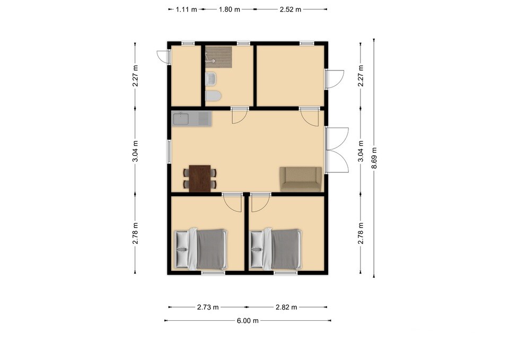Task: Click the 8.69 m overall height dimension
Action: [x=374, y=158]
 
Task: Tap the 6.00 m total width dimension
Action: [x=248, y=321]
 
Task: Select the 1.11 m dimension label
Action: [x=186, y=10]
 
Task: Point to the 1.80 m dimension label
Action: [x=229, y=10]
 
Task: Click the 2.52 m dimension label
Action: [x=290, y=10]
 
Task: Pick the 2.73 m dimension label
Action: [x=208, y=307]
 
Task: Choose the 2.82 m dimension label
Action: [x=286, y=307]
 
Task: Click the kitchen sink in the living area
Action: [x=191, y=118]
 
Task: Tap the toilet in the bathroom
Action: [x=213, y=96]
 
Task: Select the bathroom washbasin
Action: [x=211, y=79]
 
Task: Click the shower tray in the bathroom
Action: [x=219, y=57]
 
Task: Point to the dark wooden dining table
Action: [x=200, y=178]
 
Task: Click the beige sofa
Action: [x=301, y=179]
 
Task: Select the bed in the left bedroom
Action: [x=201, y=249]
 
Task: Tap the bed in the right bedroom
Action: [x=276, y=249]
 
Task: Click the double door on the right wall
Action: [x=337, y=150]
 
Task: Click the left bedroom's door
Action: [x=232, y=202]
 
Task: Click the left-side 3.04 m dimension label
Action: [x=136, y=151]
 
